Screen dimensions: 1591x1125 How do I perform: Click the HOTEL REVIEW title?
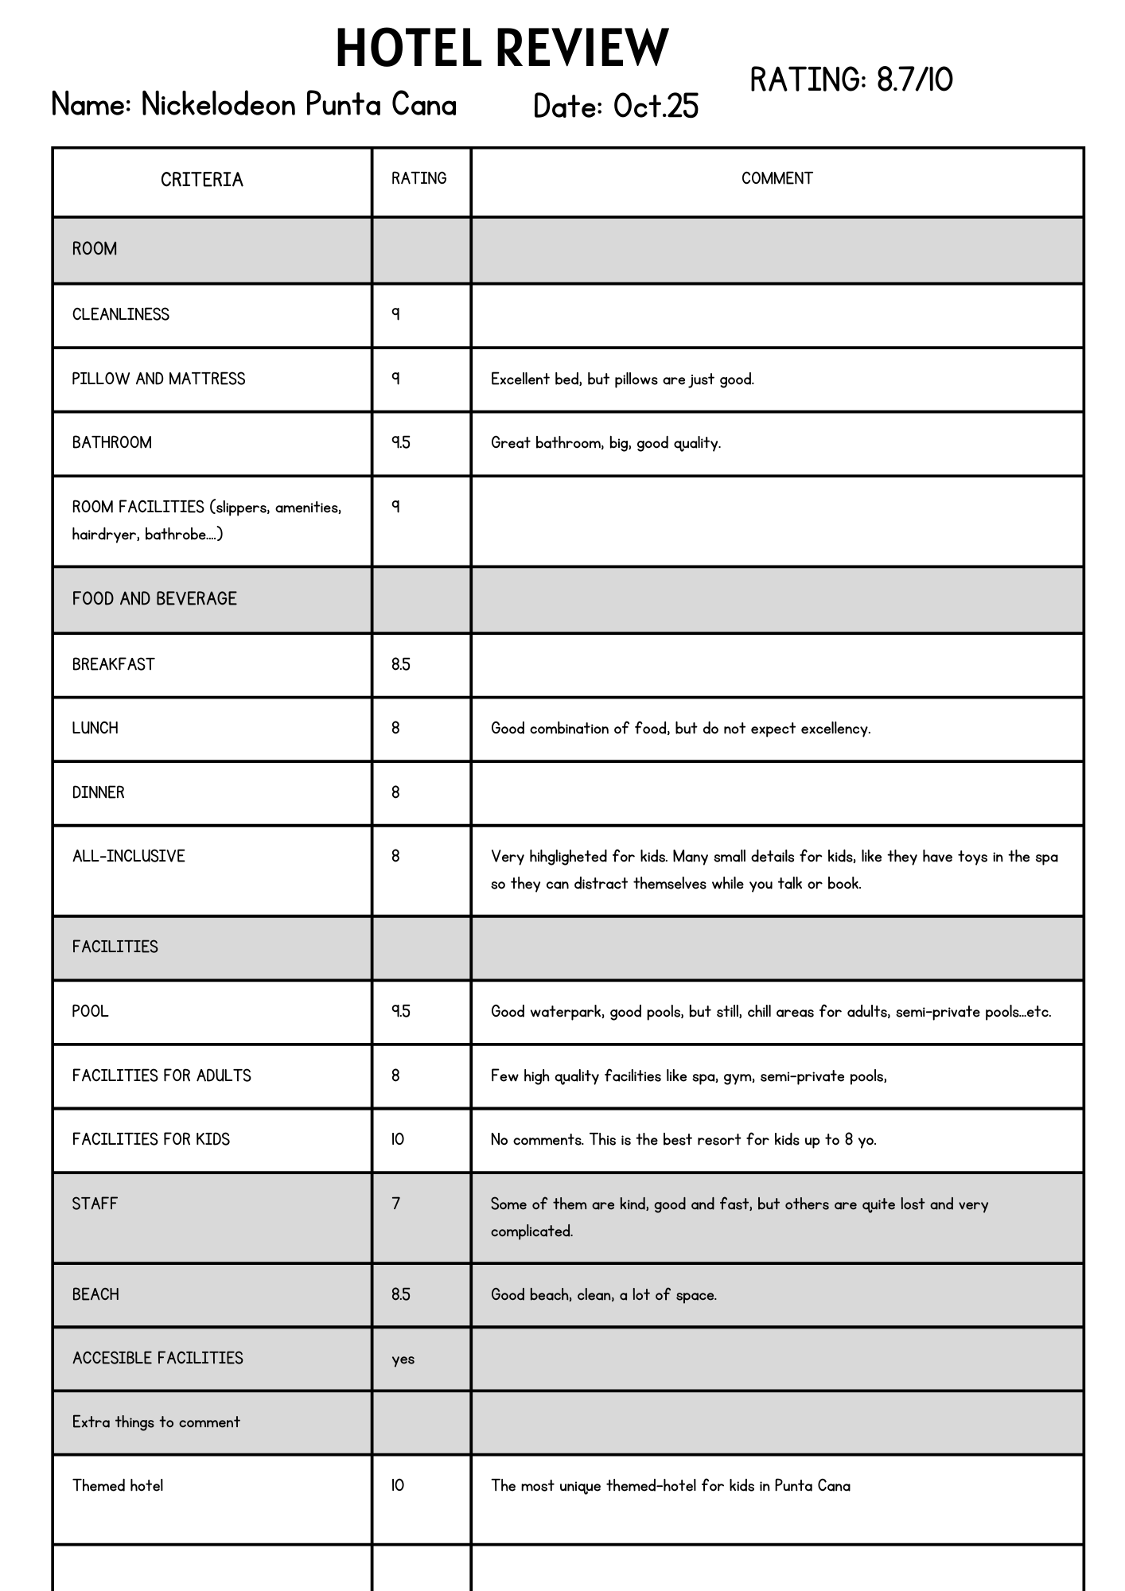[x=502, y=48]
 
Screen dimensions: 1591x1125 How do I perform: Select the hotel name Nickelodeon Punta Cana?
[x=298, y=105]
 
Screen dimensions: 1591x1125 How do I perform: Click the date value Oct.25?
[x=656, y=107]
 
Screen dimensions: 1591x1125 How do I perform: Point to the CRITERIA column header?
[x=202, y=180]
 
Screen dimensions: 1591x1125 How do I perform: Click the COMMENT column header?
[x=777, y=179]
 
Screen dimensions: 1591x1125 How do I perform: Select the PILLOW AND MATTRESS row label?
[x=159, y=379]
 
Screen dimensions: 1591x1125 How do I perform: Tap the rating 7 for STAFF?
[x=396, y=1204]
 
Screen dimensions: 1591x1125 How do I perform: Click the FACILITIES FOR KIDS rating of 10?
[x=398, y=1139]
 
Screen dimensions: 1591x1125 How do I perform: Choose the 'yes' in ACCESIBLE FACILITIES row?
[x=403, y=1359]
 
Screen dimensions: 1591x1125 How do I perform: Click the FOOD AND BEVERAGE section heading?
[x=154, y=599]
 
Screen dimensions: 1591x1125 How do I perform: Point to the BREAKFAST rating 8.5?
[x=401, y=665]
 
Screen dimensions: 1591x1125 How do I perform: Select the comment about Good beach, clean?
[x=603, y=1295]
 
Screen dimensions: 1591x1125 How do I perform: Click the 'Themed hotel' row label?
[x=118, y=1486]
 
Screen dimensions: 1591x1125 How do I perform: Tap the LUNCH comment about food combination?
[x=680, y=729]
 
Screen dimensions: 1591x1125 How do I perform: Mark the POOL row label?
[x=90, y=1012]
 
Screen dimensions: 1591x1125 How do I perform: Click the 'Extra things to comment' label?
[x=156, y=1422]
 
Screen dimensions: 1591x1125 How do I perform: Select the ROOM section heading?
[x=95, y=249]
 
